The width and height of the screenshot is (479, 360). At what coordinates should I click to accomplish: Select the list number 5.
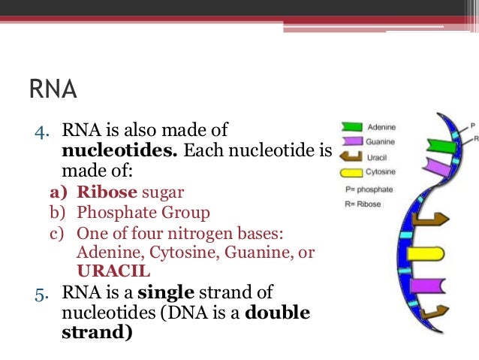point(43,292)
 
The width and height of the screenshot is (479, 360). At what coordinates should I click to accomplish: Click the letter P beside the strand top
point(472,125)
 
